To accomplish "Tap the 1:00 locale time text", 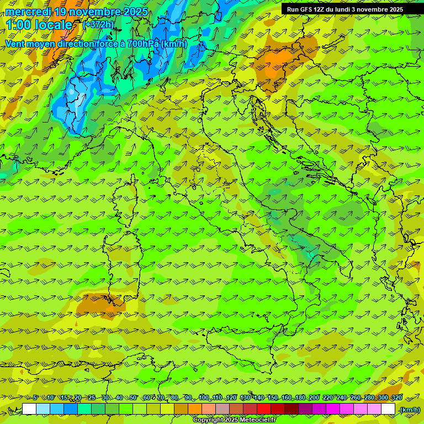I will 39,25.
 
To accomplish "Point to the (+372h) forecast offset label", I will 98,24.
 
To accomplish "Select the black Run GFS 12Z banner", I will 344,9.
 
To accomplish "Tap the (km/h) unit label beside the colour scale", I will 409,410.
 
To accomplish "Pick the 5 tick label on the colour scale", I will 35,398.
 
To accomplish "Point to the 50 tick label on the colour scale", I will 133,398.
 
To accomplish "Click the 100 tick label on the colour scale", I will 204,398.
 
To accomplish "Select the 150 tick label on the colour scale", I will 273,398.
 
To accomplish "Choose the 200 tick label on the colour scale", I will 314,398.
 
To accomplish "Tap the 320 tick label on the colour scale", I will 396,398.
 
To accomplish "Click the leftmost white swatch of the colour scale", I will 29,409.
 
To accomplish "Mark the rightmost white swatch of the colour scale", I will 388,409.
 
